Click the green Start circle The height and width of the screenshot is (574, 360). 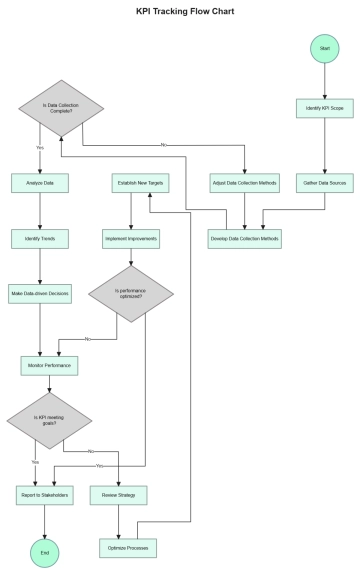tap(323, 48)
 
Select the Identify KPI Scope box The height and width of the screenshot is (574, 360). tap(323, 107)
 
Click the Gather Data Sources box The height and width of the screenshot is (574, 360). tap(323, 183)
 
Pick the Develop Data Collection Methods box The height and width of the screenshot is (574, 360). tap(245, 240)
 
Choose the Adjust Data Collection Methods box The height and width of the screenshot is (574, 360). tap(245, 183)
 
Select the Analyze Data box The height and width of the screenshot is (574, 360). tap(40, 183)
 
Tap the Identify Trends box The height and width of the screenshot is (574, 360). tap(40, 240)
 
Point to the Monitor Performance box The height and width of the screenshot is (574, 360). tap(48, 366)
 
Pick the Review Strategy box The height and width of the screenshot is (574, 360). tap(120, 495)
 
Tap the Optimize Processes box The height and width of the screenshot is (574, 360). tap(129, 548)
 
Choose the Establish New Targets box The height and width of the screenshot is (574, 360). tap(139, 183)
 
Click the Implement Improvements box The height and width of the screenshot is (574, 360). tap(131, 240)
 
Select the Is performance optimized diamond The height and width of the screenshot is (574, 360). tap(131, 294)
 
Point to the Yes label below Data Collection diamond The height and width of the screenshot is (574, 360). tap(40, 147)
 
